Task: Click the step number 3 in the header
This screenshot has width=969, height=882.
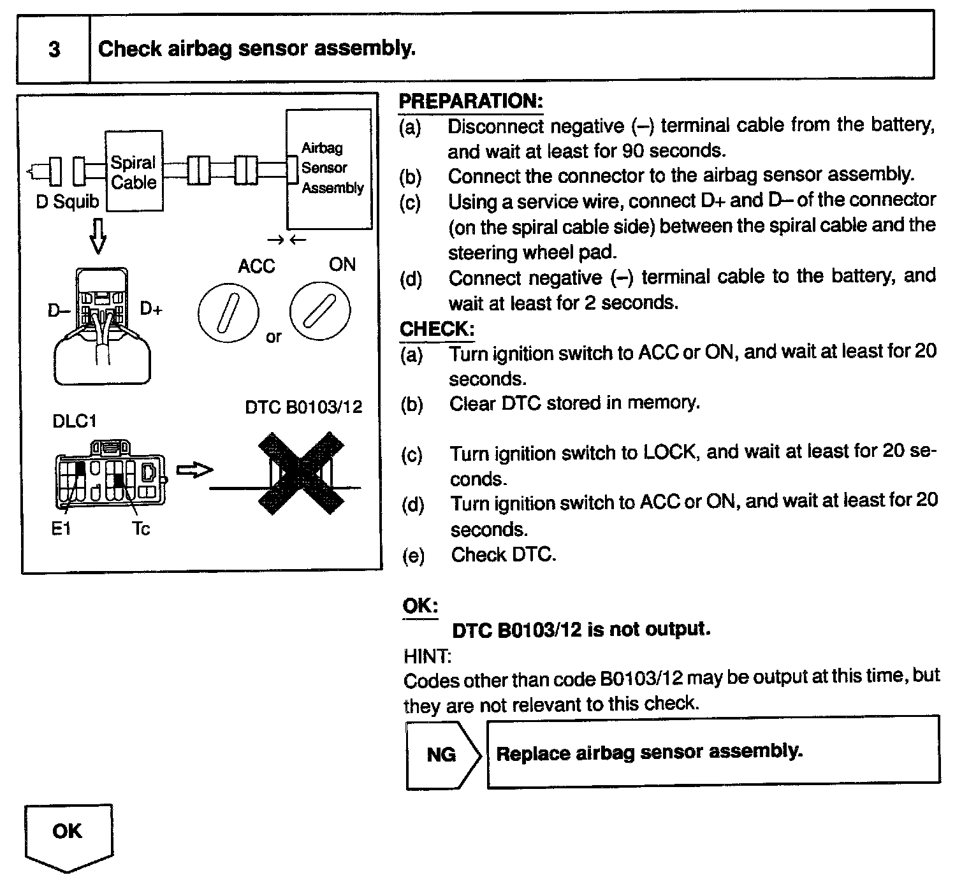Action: tap(54, 49)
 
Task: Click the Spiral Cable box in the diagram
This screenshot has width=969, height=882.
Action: tap(134, 171)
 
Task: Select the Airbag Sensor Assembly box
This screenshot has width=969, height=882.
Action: tap(329, 168)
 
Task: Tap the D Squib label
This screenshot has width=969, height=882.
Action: tap(68, 202)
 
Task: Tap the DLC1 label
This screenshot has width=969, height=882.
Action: tap(75, 421)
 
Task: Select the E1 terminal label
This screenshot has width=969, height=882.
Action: tap(61, 528)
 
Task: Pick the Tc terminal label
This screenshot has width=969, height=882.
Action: tap(141, 528)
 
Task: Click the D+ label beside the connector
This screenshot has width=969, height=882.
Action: tap(151, 310)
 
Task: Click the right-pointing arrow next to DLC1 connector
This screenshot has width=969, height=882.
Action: tap(194, 470)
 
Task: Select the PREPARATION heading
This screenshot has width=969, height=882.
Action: tap(470, 101)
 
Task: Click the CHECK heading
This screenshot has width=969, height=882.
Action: tap(437, 329)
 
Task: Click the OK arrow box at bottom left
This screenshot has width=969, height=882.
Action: tap(68, 835)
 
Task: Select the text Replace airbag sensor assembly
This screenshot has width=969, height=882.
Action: tap(649, 753)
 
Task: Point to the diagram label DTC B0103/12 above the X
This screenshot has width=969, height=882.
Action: tap(303, 407)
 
